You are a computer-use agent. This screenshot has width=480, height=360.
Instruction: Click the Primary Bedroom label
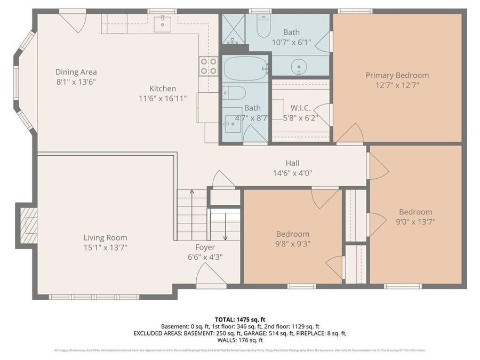[397, 75]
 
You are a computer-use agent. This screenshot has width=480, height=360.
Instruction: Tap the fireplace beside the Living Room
[28, 225]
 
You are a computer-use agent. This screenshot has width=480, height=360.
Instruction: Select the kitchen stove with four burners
[209, 66]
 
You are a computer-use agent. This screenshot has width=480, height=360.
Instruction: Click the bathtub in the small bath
[245, 68]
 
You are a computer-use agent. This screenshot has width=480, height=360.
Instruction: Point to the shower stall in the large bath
[233, 29]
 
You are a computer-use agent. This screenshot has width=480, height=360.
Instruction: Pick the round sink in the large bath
[299, 66]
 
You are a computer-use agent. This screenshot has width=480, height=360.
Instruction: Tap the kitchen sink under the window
[162, 23]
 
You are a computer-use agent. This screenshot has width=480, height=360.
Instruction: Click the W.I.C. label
[300, 108]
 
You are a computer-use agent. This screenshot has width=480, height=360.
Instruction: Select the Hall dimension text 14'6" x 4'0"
[292, 173]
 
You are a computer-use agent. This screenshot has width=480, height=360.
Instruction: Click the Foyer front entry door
[211, 275]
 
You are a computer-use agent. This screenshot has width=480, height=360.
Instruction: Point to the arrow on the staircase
[225, 229]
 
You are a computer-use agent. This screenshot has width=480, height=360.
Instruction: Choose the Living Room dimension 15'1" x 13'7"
[105, 247]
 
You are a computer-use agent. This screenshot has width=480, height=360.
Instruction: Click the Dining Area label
[76, 72]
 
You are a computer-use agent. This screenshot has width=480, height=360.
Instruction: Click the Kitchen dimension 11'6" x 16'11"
[163, 99]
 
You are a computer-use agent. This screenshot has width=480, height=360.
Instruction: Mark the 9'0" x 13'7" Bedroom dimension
[415, 222]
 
